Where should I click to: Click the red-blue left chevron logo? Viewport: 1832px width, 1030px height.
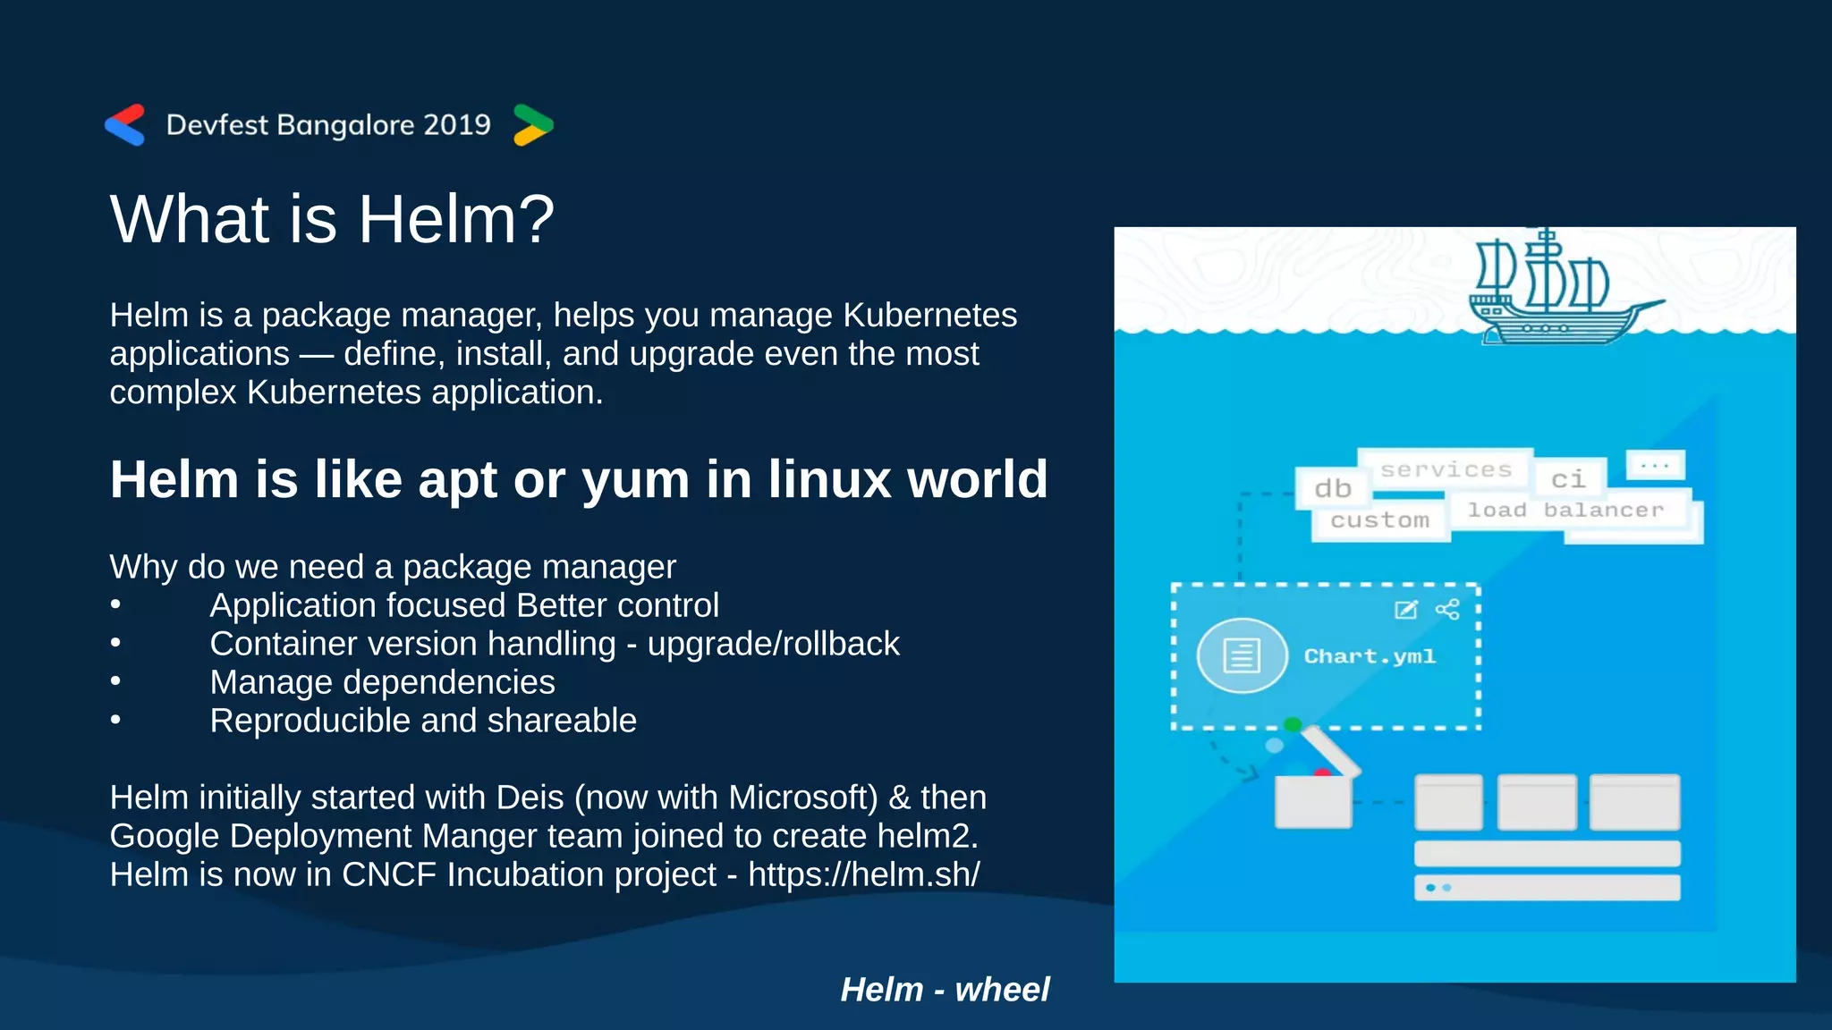click(x=125, y=125)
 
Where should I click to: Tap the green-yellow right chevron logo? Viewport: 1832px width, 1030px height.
click(x=533, y=125)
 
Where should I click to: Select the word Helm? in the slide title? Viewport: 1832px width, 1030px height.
click(x=456, y=219)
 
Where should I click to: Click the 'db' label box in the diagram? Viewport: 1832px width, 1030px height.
click(x=1332, y=488)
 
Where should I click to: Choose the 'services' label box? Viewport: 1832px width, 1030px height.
click(x=1445, y=469)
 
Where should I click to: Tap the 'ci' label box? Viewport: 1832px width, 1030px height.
click(x=1568, y=480)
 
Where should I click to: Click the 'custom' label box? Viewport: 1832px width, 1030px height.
click(x=1379, y=520)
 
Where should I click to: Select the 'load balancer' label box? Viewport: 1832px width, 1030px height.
click(x=1565, y=511)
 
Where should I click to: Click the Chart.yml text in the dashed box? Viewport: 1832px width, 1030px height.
click(x=1370, y=656)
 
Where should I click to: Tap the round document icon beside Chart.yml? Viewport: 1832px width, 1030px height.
click(x=1242, y=655)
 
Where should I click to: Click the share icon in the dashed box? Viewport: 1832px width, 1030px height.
click(x=1447, y=610)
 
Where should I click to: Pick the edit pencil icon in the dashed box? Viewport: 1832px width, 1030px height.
click(x=1406, y=610)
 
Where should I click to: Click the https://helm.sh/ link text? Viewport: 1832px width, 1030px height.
click(x=863, y=874)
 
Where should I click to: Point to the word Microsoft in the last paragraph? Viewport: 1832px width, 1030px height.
click(x=801, y=798)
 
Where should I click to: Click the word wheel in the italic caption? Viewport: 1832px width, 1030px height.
click(x=1002, y=990)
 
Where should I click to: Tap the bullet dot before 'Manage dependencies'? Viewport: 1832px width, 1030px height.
click(x=115, y=681)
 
